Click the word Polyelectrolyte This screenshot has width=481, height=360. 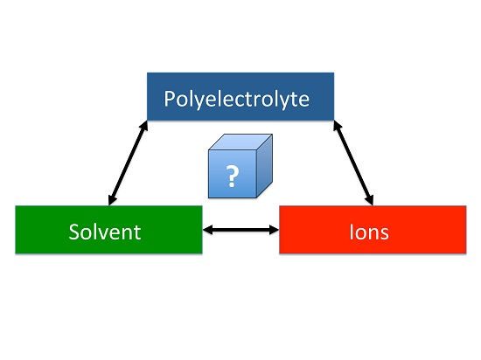coord(236,100)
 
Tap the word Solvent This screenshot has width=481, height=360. coord(105,232)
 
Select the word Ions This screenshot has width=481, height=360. coord(369,232)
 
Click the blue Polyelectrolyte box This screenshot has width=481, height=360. coord(240,96)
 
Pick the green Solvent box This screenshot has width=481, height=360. coord(108,230)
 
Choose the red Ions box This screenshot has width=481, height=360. coord(373,230)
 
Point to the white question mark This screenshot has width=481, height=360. coord(233,176)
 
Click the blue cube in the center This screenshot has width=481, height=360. coord(240,166)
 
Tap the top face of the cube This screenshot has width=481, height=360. coord(240,142)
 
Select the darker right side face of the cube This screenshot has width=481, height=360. coord(264,166)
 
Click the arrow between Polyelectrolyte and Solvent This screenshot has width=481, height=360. coord(129,163)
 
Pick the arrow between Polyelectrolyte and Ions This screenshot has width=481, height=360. coord(353,163)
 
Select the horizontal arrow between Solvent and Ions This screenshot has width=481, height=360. coord(240,230)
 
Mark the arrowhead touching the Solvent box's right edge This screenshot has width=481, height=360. coord(207,230)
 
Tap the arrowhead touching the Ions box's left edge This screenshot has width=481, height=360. coord(274,230)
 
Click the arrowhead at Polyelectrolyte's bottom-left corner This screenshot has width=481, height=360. coord(144,126)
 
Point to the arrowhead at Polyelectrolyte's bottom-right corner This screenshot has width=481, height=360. coord(338,126)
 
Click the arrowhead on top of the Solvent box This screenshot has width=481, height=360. coord(112,200)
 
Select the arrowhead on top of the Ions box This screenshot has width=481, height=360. coord(369,200)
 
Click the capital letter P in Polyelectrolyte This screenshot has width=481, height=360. coord(169,99)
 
